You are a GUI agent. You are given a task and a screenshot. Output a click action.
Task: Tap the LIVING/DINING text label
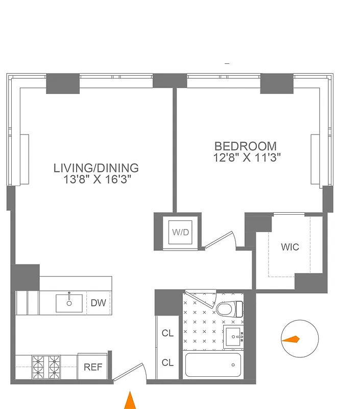97,168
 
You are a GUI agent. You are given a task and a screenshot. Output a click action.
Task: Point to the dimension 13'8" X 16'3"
97,179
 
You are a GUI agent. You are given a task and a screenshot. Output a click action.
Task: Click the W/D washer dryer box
180,232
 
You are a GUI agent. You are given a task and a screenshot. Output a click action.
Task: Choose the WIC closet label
290,247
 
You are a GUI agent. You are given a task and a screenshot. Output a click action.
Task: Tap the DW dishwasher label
98,303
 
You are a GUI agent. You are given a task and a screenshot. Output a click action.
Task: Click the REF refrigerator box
93,367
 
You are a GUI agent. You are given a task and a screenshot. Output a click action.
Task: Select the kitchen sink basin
69,303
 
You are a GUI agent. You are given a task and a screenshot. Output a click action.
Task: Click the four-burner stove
46,366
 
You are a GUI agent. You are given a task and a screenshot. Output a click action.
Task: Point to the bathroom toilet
230,308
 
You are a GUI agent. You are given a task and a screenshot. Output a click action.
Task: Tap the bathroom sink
235,336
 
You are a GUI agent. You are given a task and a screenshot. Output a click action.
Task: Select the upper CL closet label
167,333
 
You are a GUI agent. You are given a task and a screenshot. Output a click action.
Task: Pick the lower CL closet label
167,362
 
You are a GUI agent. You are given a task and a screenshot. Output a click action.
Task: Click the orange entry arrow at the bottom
131,400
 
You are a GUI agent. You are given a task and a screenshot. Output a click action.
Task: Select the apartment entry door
129,372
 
